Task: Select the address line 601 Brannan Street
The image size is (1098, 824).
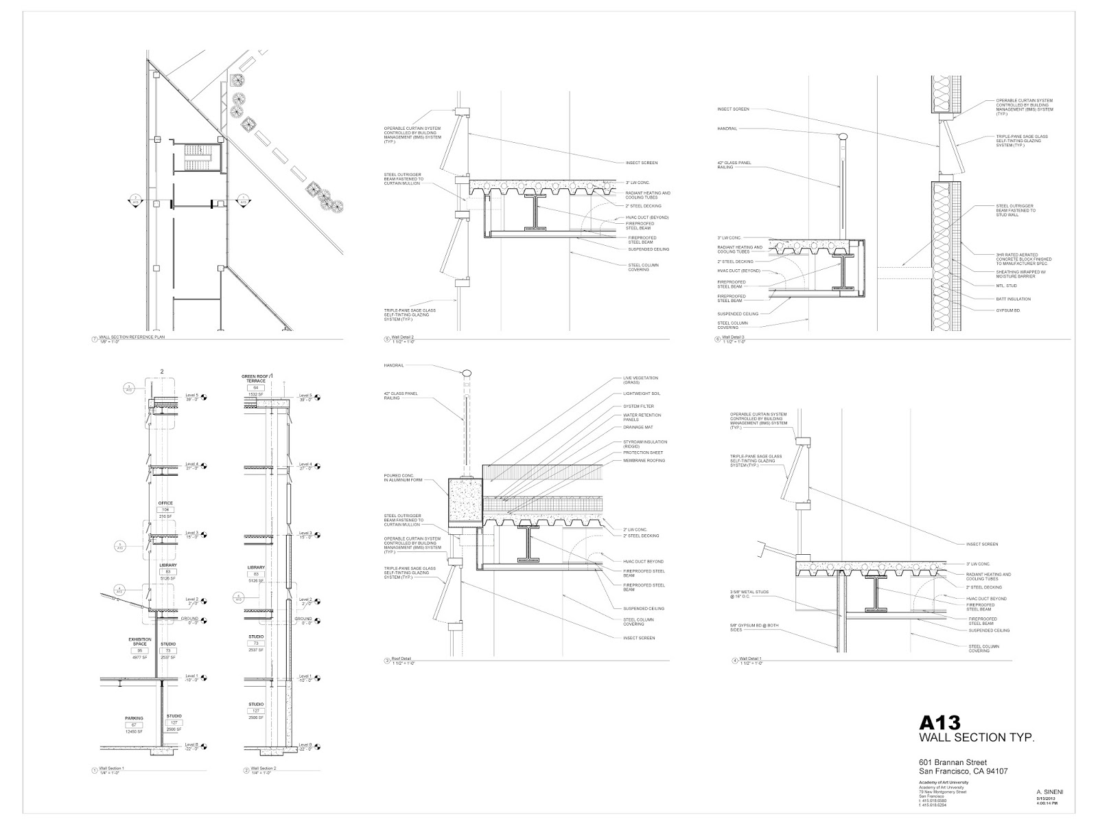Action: (953, 762)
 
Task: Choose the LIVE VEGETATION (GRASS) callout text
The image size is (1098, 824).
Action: (640, 380)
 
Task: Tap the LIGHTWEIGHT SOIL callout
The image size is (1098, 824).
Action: (641, 393)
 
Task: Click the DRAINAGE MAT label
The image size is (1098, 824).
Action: (638, 427)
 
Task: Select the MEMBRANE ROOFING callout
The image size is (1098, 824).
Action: (644, 461)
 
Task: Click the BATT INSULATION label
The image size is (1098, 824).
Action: (1014, 299)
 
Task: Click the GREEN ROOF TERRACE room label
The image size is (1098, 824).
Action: (257, 378)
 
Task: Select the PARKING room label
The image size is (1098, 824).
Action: (134, 718)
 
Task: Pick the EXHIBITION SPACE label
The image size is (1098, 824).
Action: (140, 642)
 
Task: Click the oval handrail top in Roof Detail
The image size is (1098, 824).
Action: (467, 373)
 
